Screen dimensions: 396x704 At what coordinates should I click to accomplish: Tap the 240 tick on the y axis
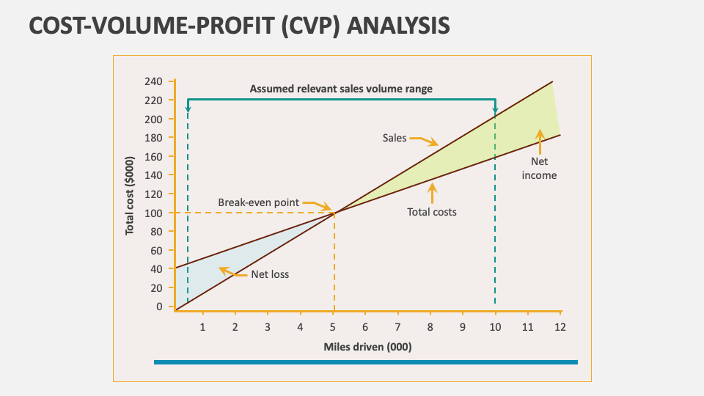[x=154, y=81]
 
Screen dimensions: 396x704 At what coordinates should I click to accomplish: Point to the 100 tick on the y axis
[x=154, y=213]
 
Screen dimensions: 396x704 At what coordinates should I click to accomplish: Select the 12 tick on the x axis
[x=560, y=326]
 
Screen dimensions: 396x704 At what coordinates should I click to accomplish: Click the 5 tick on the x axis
[x=333, y=326]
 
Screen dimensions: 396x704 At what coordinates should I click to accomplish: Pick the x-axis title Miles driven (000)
[x=367, y=347]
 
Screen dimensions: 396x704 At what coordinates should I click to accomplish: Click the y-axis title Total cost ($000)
[x=130, y=195]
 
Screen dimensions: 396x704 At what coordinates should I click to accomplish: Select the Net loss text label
[x=270, y=275]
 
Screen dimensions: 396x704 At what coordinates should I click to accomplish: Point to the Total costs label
[x=432, y=212]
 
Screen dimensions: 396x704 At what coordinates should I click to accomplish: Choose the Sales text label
[x=394, y=137]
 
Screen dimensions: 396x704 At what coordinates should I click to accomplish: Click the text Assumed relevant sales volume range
[x=341, y=89]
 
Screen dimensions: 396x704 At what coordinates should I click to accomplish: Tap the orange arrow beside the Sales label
[x=424, y=140]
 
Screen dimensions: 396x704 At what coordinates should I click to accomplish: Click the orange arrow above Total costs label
[x=432, y=192]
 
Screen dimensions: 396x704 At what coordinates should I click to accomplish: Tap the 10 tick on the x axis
[x=495, y=326]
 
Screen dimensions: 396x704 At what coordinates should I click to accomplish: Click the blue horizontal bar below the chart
[x=365, y=362]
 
